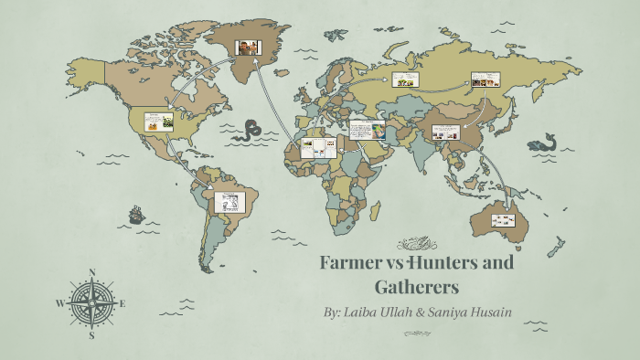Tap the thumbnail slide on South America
pyautogui.click(x=229, y=202)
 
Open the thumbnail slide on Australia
pyautogui.click(x=503, y=219)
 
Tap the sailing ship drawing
pyautogui.click(x=136, y=216)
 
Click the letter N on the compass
pyautogui.click(x=92, y=271)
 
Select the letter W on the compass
pyautogui.click(x=61, y=303)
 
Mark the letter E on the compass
pyautogui.click(x=123, y=303)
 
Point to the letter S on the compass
pyautogui.click(x=92, y=335)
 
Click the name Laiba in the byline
pyautogui.click(x=370, y=312)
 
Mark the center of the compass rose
pyautogui.click(x=92, y=303)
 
